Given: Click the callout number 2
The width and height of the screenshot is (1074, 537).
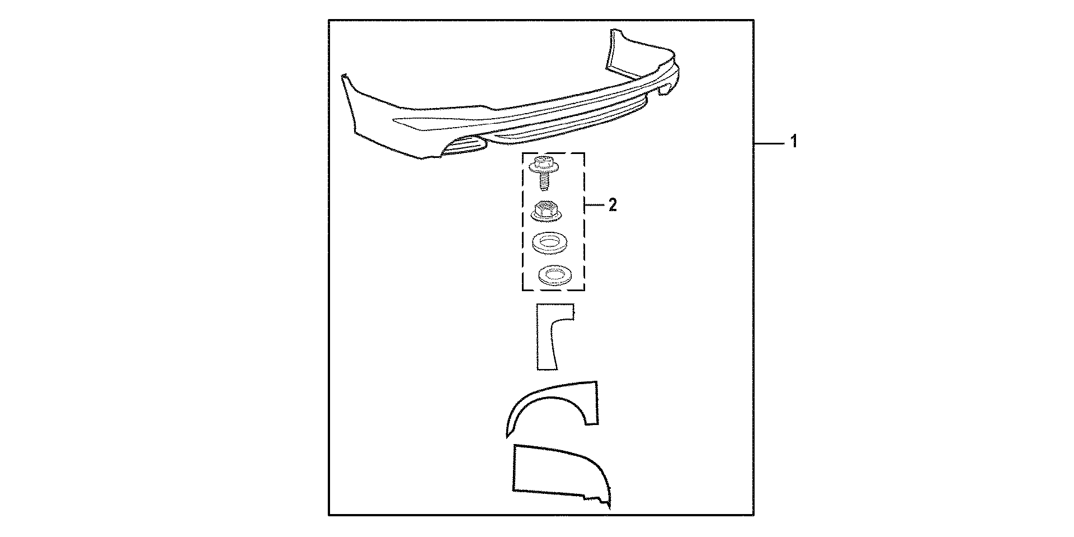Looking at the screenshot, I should click(613, 206).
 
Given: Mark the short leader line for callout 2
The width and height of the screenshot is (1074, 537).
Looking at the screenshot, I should click(594, 206).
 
